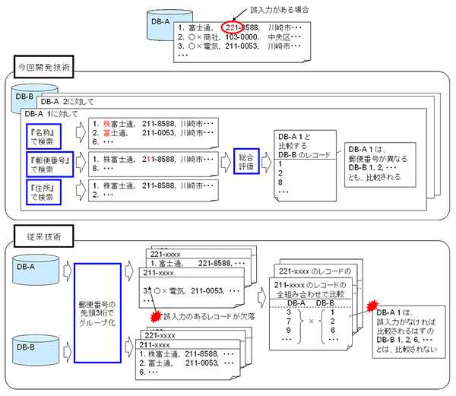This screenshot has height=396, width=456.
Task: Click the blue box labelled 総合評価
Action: (x=248, y=162)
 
